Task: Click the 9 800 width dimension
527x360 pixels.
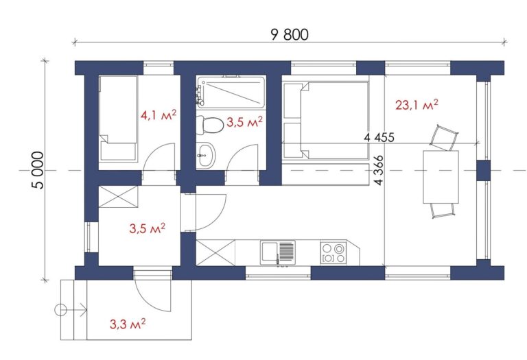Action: [x=290, y=34]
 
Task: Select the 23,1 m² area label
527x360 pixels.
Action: [x=417, y=105]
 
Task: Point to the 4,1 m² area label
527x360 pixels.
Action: [x=159, y=115]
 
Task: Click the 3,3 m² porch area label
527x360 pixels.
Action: [x=128, y=324]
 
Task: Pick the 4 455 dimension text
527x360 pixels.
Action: [x=379, y=137]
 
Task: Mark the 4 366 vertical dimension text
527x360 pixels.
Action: [x=379, y=170]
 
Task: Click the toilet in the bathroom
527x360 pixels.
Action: [x=210, y=125]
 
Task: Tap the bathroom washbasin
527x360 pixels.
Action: [x=205, y=155]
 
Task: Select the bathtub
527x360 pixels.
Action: [x=231, y=93]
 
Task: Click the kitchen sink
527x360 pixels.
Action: [x=278, y=252]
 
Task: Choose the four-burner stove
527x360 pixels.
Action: [x=333, y=252]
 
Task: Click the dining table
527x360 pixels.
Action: [x=441, y=177]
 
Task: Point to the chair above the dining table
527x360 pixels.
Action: [x=445, y=138]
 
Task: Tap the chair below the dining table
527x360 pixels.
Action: [x=443, y=211]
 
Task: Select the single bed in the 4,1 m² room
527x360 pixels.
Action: [x=118, y=118]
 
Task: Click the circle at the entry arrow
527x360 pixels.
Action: [x=60, y=310]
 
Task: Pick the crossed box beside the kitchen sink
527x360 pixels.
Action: [x=215, y=252]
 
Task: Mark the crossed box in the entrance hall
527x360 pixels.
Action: [x=118, y=197]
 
